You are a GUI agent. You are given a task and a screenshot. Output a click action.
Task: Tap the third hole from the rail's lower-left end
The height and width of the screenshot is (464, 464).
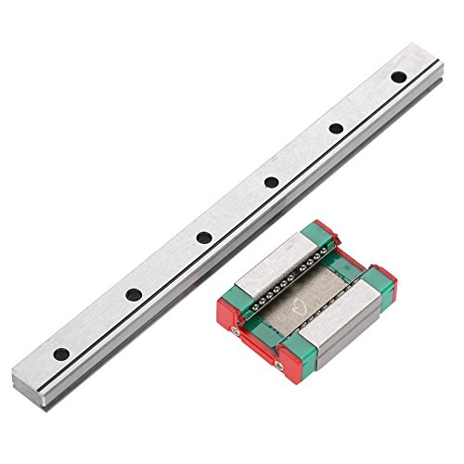202,239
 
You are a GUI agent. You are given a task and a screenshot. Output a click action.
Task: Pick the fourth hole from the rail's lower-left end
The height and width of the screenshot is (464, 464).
269,184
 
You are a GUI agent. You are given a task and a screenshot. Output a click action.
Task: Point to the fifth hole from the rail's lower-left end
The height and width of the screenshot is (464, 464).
336,128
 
